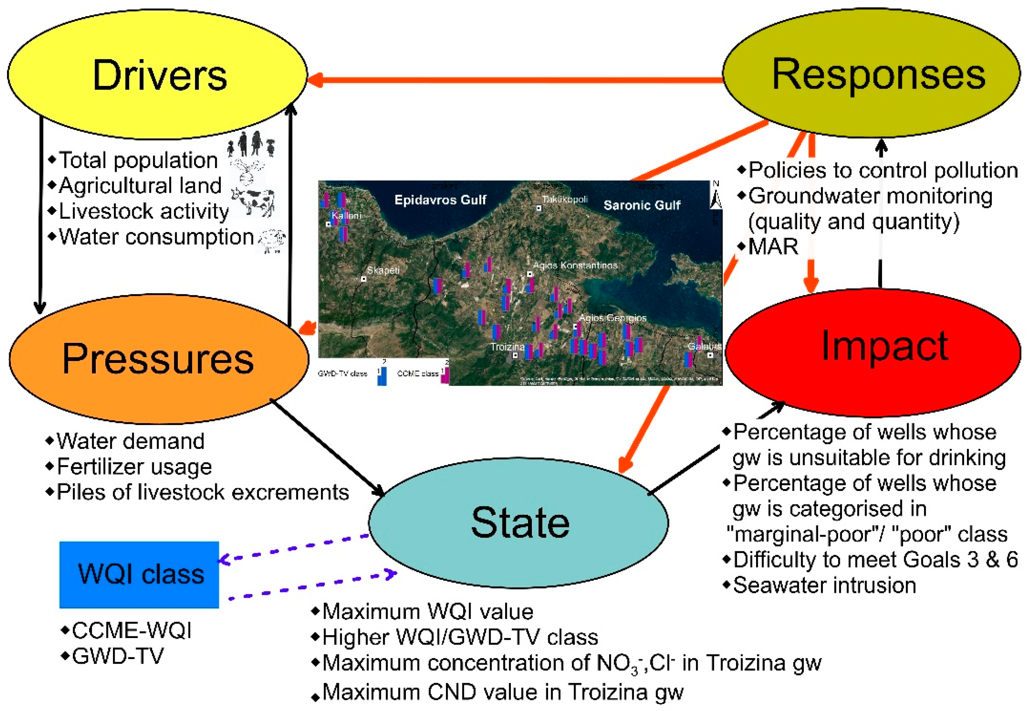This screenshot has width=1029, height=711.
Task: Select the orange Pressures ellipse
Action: tap(158, 359)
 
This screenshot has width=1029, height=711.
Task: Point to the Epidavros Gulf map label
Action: tap(440, 200)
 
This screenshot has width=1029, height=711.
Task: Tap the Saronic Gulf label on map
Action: tap(642, 205)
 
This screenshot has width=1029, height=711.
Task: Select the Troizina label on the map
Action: tap(507, 347)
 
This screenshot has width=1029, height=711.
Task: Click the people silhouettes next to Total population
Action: tap(251, 144)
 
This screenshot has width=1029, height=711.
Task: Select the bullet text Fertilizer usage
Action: tap(134, 467)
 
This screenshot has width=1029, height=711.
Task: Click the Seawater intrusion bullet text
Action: tap(824, 585)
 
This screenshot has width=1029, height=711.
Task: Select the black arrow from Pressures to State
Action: tap(327, 448)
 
